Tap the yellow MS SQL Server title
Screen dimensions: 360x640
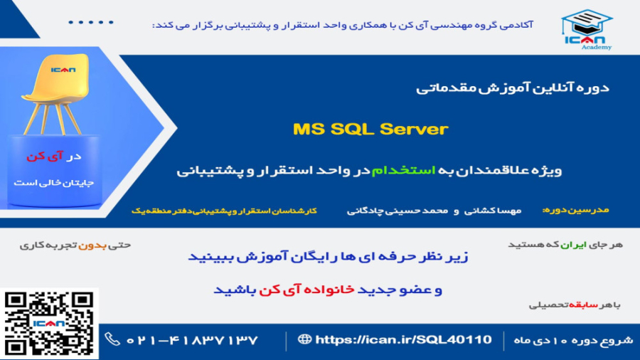click(370, 129)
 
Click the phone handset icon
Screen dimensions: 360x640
click(112, 339)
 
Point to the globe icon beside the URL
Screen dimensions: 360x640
click(304, 339)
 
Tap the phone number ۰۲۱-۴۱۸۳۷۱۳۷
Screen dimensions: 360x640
click(193, 340)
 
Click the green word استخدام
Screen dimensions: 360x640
click(388, 171)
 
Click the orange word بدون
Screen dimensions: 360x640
click(96, 245)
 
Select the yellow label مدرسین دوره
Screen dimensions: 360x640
click(576, 211)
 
